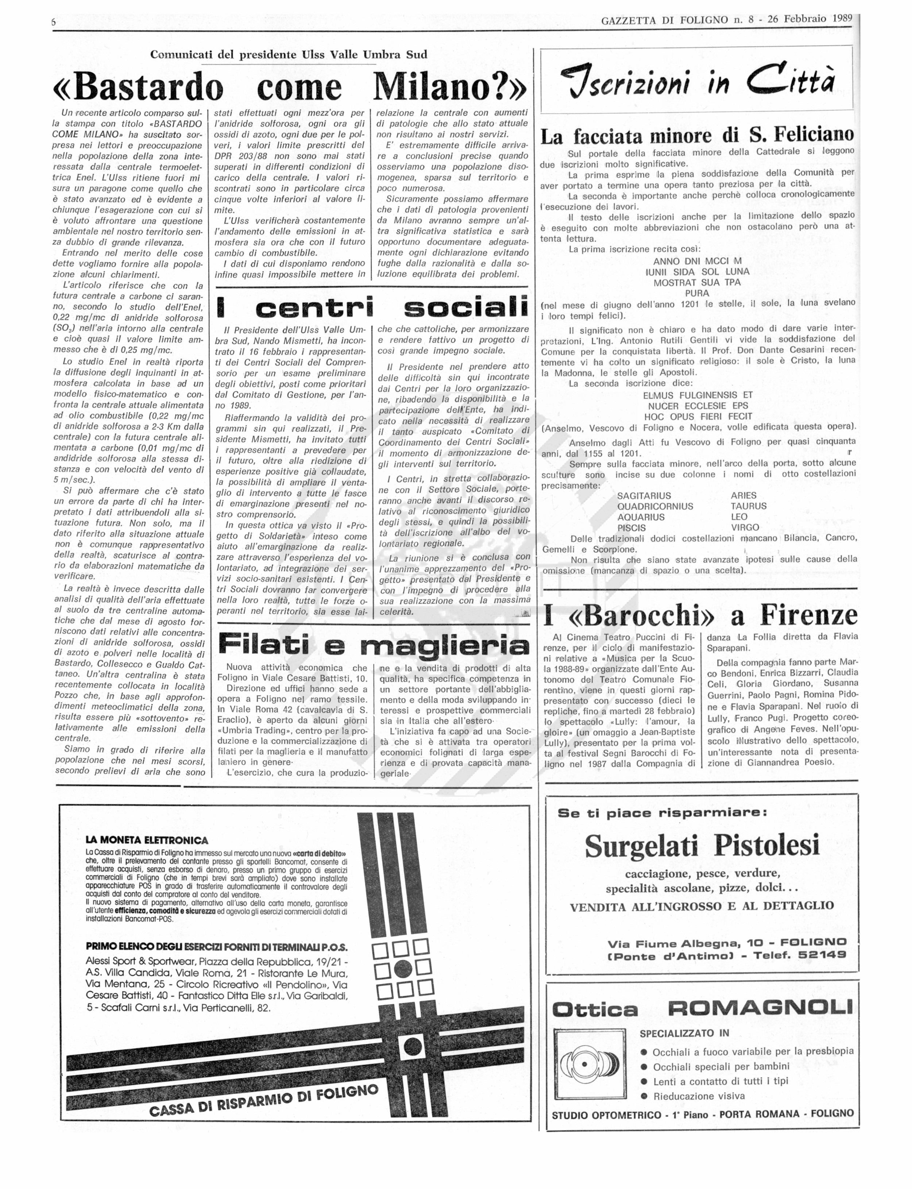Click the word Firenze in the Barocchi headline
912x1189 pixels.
tap(808, 615)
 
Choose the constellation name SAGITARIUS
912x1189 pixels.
tap(644, 496)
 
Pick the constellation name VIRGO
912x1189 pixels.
tap(745, 527)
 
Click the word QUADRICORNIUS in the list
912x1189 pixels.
tap(655, 506)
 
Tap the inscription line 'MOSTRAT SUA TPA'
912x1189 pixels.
tap(696, 282)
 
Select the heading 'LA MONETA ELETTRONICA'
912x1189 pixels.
tap(147, 841)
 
